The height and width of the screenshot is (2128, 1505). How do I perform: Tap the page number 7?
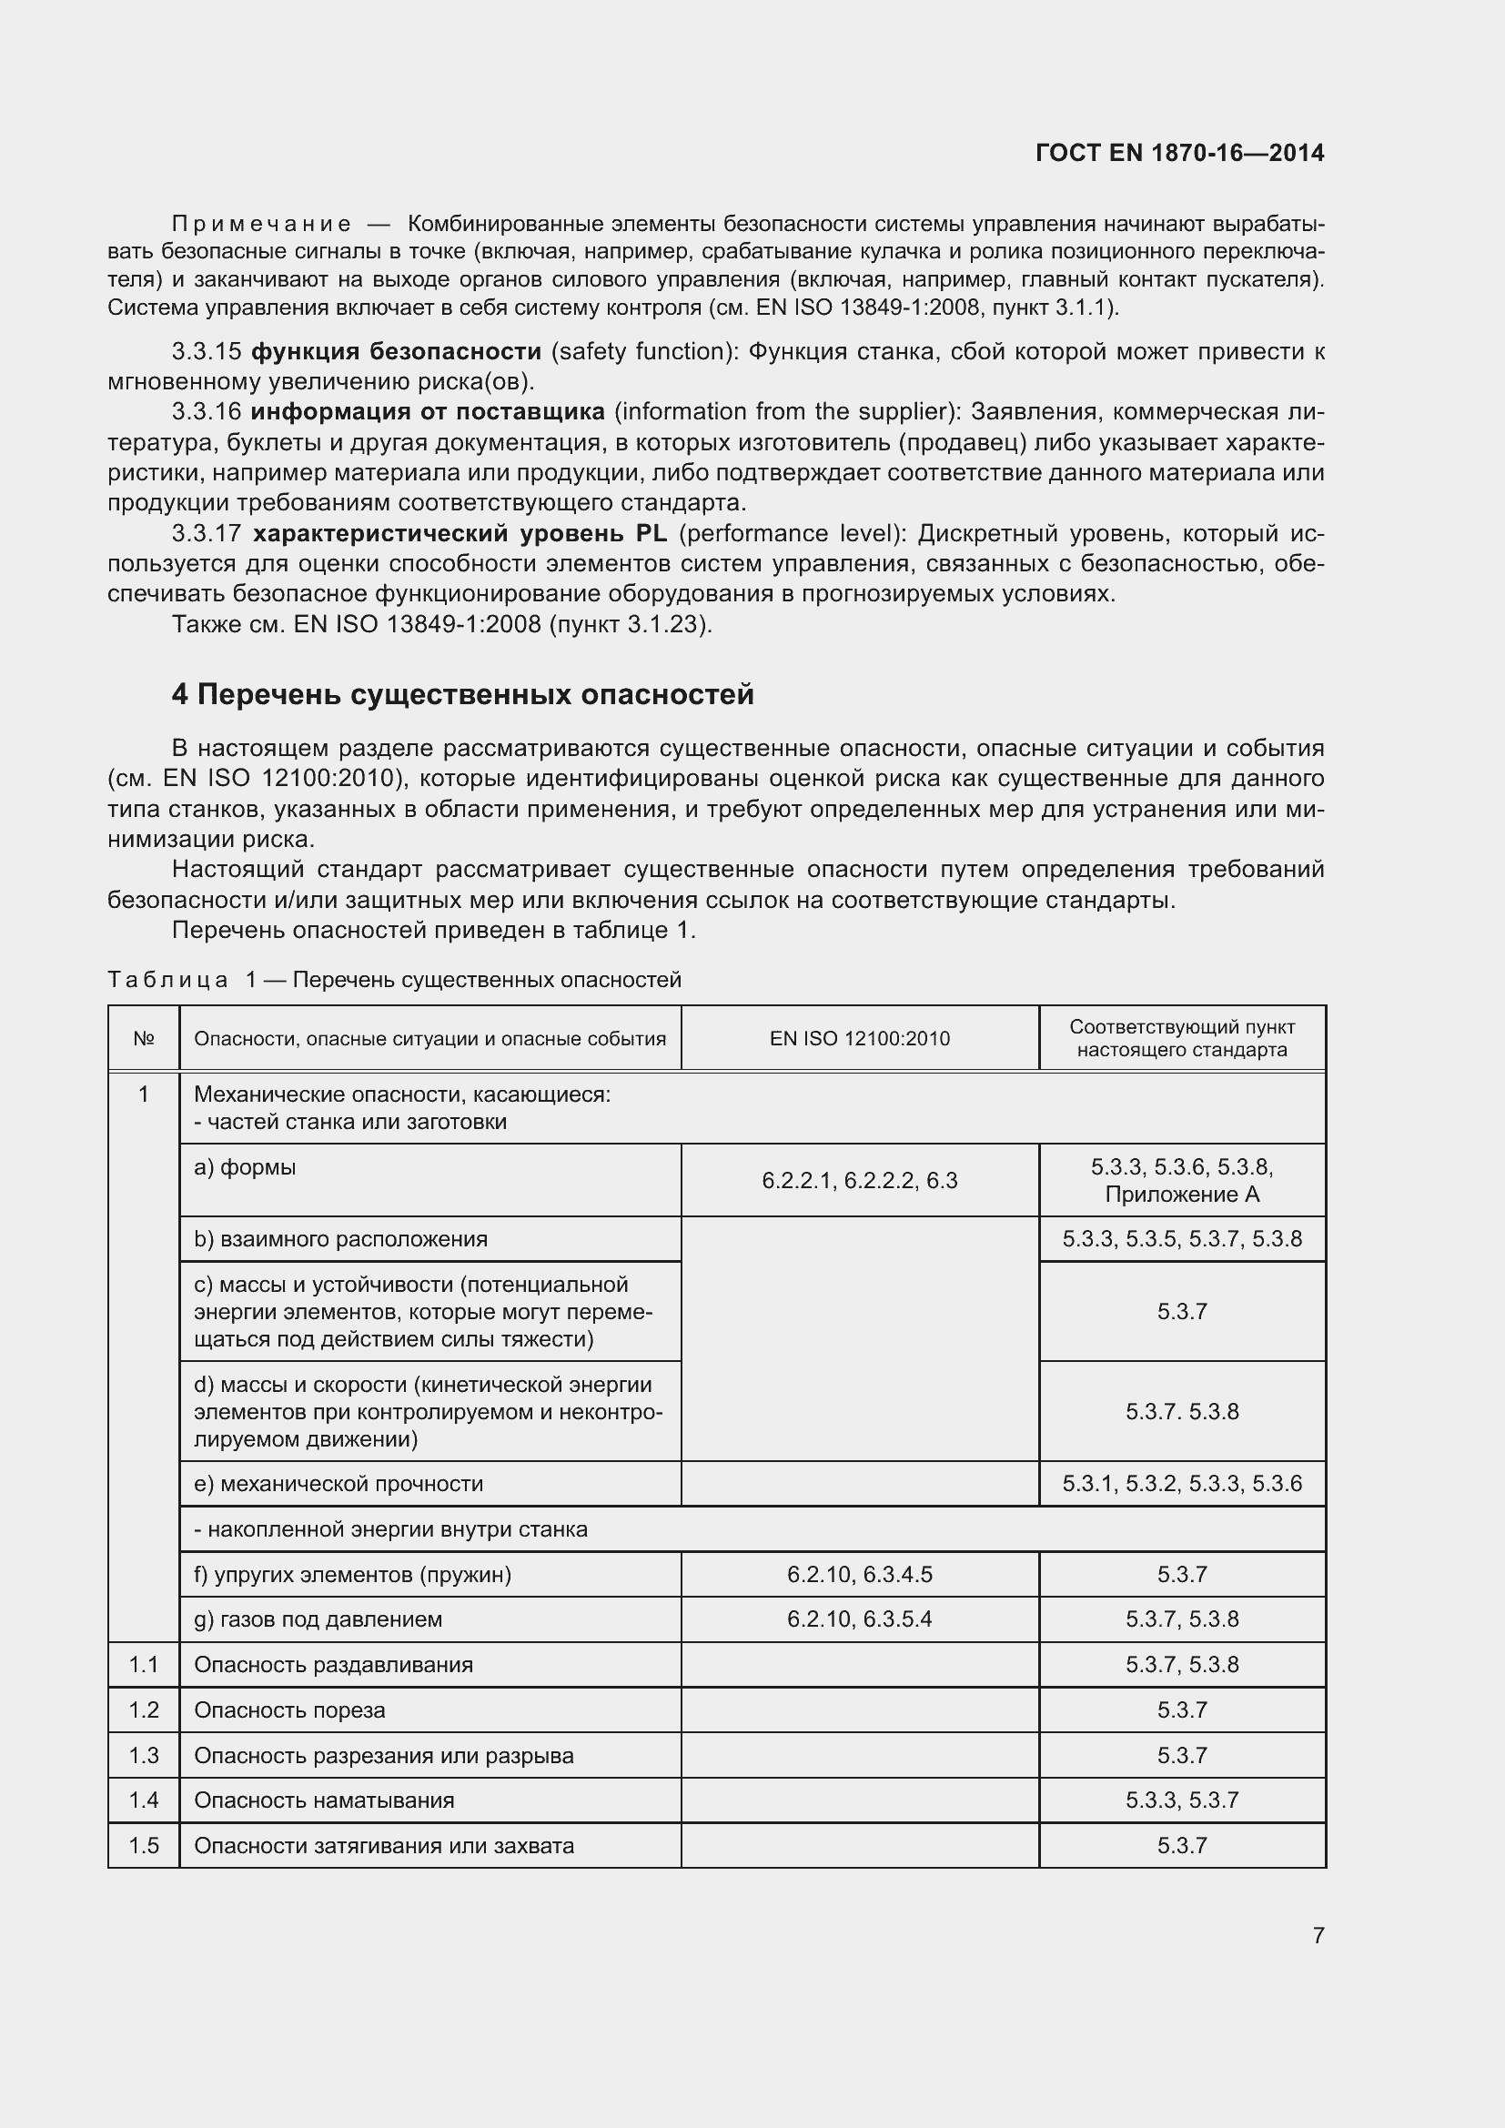(x=1318, y=1935)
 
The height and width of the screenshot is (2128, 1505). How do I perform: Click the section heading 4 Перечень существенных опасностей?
(x=462, y=694)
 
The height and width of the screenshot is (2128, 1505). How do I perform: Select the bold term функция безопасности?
(x=396, y=351)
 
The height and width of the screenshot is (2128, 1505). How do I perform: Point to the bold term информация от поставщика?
(x=428, y=411)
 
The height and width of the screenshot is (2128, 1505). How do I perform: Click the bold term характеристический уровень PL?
(x=460, y=534)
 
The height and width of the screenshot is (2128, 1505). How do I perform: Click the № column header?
(x=144, y=1038)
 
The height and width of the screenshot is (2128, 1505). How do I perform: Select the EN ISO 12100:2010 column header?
(x=859, y=1038)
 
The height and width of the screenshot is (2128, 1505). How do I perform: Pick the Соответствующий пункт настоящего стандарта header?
(x=1182, y=1038)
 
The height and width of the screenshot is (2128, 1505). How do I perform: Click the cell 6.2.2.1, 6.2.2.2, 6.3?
(x=859, y=1181)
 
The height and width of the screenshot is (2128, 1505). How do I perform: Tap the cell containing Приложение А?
(x=1182, y=1194)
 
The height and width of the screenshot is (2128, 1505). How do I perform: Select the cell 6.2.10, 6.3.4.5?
(x=859, y=1574)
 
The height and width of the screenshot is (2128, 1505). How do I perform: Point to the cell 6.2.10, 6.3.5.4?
(x=859, y=1619)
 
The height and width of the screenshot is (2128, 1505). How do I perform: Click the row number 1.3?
(x=144, y=1755)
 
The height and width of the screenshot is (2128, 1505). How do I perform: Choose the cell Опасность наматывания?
(x=323, y=1800)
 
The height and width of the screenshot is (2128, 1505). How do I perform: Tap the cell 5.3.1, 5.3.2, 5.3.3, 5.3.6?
(x=1182, y=1484)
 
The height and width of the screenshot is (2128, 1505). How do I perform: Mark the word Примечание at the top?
(x=261, y=225)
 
